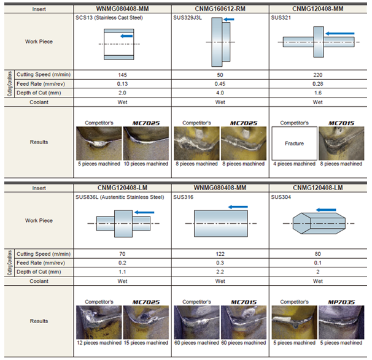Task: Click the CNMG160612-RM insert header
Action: tap(220, 9)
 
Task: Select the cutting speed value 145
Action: tap(122, 75)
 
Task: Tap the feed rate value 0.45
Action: tap(220, 84)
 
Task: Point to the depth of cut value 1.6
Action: tap(317, 93)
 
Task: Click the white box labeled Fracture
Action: tap(294, 144)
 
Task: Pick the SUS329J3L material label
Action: tap(187, 18)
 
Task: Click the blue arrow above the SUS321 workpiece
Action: tap(339, 34)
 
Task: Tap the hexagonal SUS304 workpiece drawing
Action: tap(319, 223)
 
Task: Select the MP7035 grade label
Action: tap(341, 302)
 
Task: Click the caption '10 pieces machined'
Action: tap(146, 164)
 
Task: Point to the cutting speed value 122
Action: tap(220, 254)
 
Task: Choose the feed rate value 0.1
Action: tap(317, 263)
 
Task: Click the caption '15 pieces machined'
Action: tap(146, 343)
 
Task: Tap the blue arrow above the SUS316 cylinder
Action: tap(238, 207)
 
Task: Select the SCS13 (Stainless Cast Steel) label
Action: tap(109, 18)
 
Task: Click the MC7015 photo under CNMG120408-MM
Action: tap(341, 144)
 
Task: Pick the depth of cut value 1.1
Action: tap(122, 272)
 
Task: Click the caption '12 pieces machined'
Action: tap(99, 343)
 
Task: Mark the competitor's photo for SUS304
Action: tap(294, 323)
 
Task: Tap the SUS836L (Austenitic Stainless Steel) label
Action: tap(120, 197)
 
